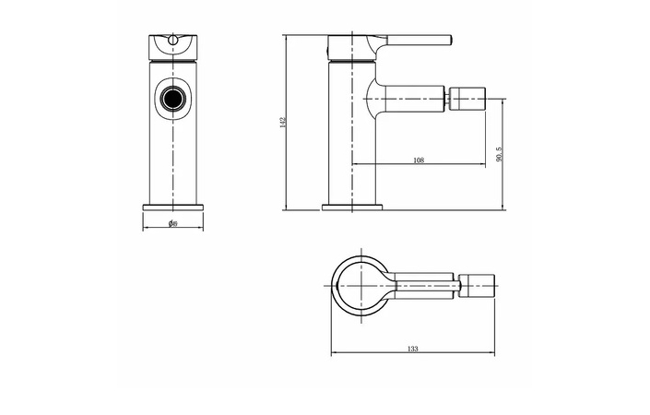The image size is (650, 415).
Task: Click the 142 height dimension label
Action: tap(283, 123)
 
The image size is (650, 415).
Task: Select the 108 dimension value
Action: tap(418, 160)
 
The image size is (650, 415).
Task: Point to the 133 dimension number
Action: tap(412, 349)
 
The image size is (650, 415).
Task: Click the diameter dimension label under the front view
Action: tap(172, 223)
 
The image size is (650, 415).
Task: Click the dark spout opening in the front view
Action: tap(172, 98)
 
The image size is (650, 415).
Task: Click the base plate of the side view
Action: tap(351, 207)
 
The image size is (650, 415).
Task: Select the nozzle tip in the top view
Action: tap(478, 285)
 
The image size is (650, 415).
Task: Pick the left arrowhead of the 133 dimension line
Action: tap(333, 354)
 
